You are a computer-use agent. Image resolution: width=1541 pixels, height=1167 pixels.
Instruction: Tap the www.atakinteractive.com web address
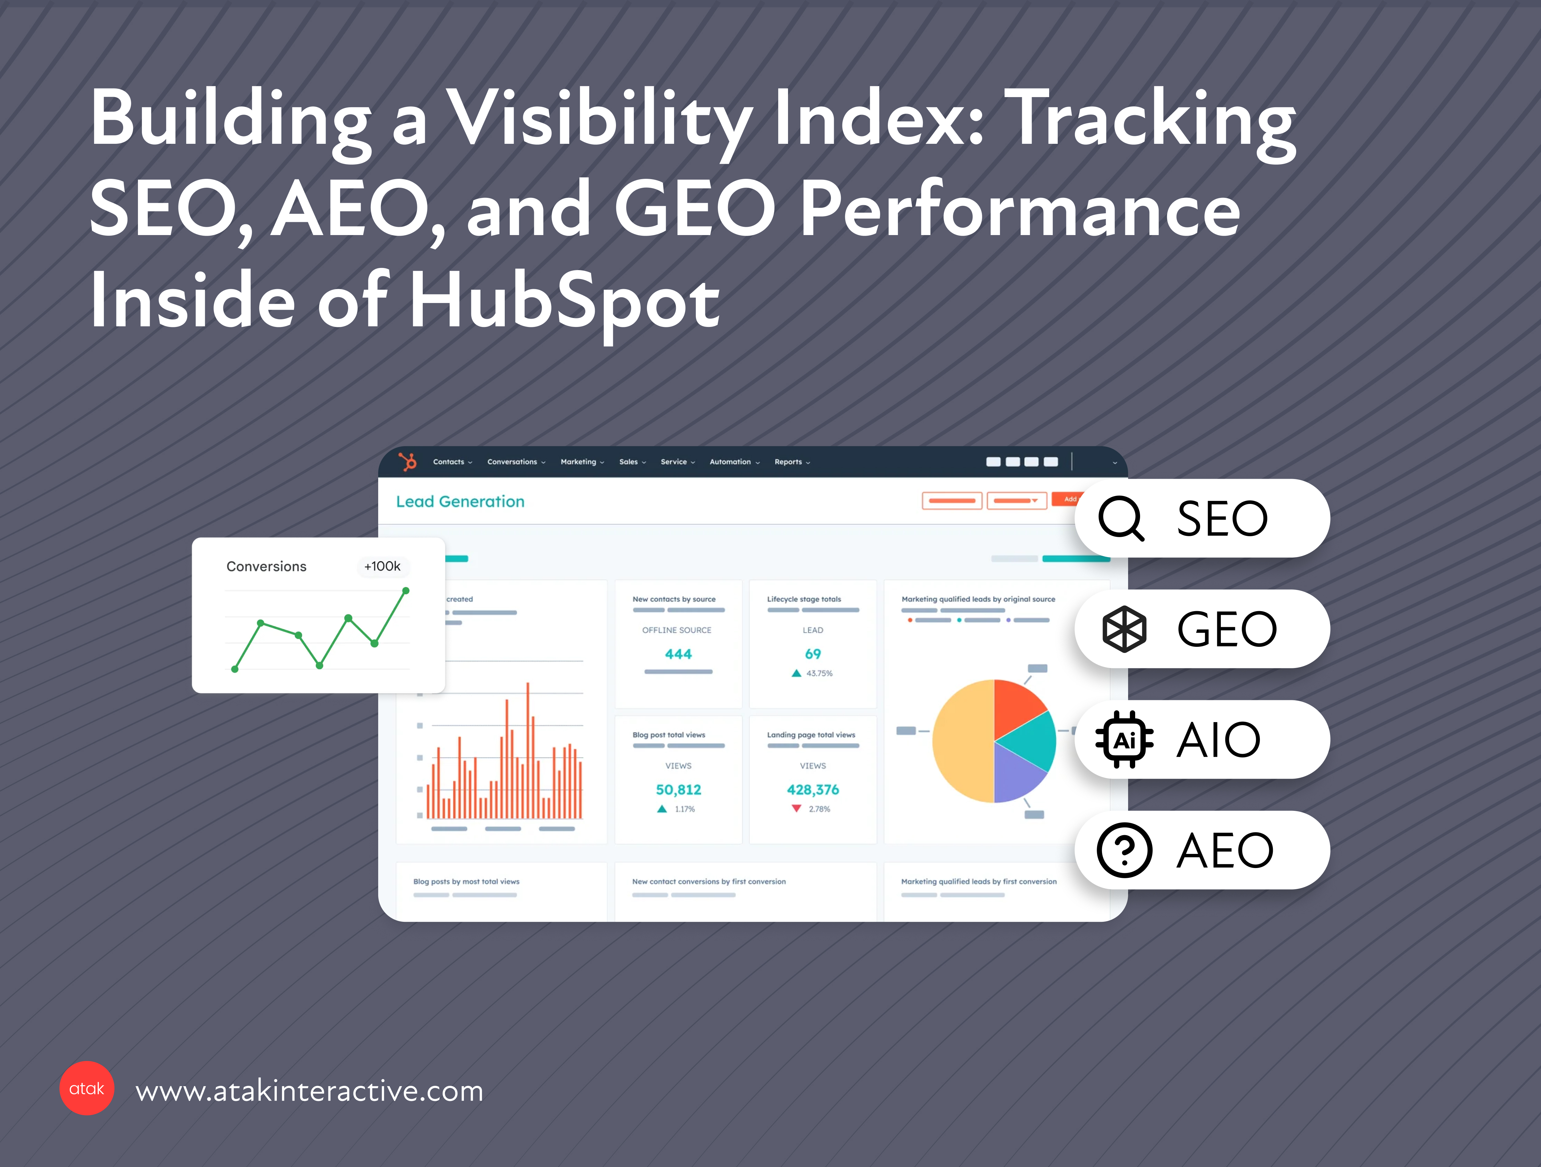[309, 1090]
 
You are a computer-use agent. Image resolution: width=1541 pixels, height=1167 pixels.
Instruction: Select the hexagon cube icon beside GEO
[1124, 628]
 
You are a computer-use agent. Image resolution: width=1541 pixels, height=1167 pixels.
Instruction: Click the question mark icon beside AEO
[1124, 850]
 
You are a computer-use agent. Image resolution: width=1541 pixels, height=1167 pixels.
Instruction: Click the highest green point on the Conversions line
[406, 591]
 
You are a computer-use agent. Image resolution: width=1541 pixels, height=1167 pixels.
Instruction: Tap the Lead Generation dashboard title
[460, 502]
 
